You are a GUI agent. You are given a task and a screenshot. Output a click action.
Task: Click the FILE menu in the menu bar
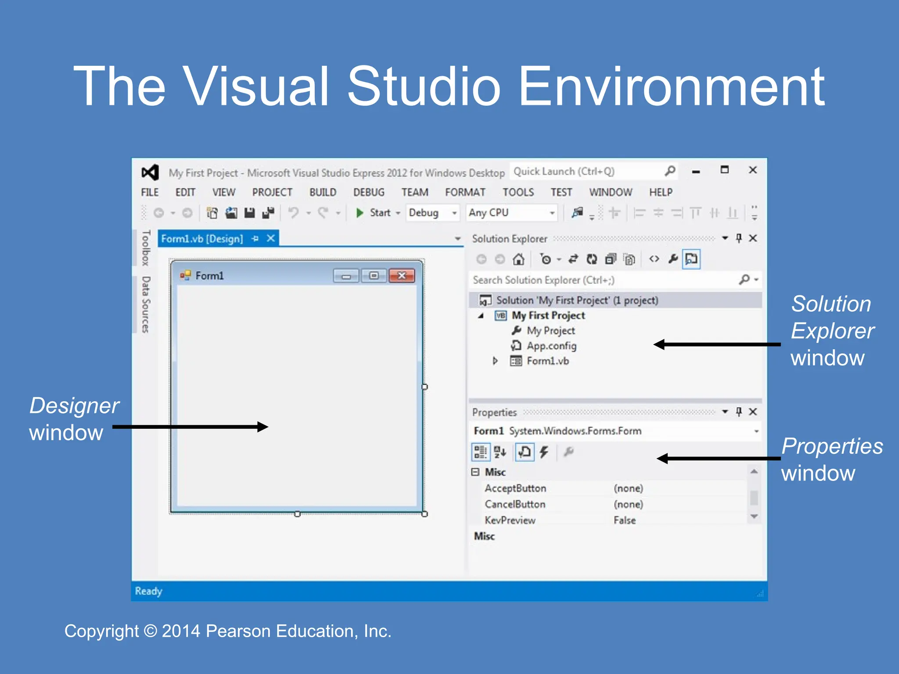150,192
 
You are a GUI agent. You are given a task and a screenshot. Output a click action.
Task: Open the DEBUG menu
368,192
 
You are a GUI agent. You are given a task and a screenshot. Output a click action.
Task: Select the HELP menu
661,192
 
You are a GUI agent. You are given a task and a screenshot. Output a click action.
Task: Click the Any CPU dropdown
511,213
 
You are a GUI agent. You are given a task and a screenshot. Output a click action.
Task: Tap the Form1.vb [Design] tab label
202,239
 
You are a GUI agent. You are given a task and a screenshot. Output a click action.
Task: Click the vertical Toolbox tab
146,248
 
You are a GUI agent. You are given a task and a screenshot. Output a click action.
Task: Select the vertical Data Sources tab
146,305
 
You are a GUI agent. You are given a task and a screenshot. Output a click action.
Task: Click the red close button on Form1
401,276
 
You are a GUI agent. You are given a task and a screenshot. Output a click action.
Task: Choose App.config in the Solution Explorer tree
551,346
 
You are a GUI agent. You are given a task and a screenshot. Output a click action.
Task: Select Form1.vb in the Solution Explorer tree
547,361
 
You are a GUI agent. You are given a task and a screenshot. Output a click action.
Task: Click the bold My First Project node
548,315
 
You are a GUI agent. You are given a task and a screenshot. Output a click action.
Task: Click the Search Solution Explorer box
601,280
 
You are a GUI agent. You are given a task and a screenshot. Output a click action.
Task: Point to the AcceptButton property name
515,488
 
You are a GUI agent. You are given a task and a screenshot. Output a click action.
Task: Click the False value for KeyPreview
625,520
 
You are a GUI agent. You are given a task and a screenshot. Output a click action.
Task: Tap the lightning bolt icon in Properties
544,452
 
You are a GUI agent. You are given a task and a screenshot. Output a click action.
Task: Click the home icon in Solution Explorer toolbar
518,259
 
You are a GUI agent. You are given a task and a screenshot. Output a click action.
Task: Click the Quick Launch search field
588,172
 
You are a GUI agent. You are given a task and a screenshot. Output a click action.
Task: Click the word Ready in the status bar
148,592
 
